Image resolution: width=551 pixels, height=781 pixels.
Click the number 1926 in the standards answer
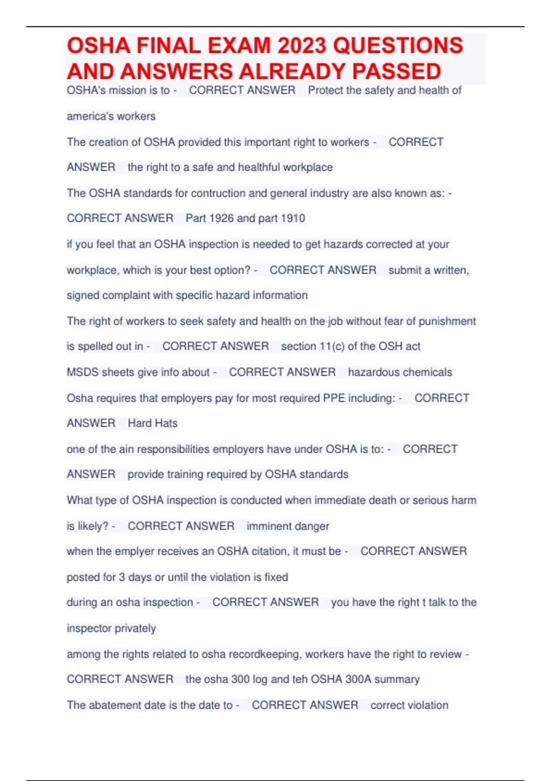(x=221, y=218)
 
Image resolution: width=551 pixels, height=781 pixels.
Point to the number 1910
(x=292, y=218)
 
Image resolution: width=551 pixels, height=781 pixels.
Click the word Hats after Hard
(x=166, y=423)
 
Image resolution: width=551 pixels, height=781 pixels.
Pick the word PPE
(x=334, y=398)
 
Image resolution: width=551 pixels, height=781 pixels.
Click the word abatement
(x=114, y=705)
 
